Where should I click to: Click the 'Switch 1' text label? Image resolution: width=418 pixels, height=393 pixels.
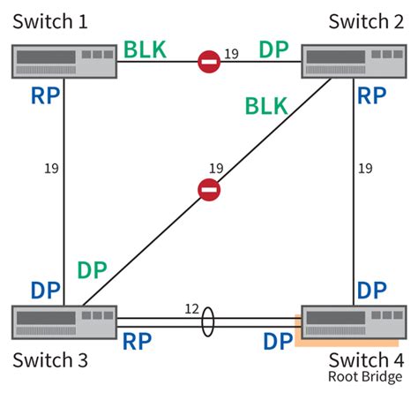(x=52, y=19)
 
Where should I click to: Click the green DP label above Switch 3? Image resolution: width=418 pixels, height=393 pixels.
(x=95, y=271)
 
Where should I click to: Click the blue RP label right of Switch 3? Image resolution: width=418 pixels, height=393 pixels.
(x=138, y=341)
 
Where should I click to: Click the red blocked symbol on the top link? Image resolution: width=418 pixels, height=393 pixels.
(x=208, y=61)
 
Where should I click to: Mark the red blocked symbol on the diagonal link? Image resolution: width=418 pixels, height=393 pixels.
(x=208, y=188)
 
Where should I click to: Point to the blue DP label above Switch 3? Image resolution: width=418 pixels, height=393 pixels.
(x=46, y=290)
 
